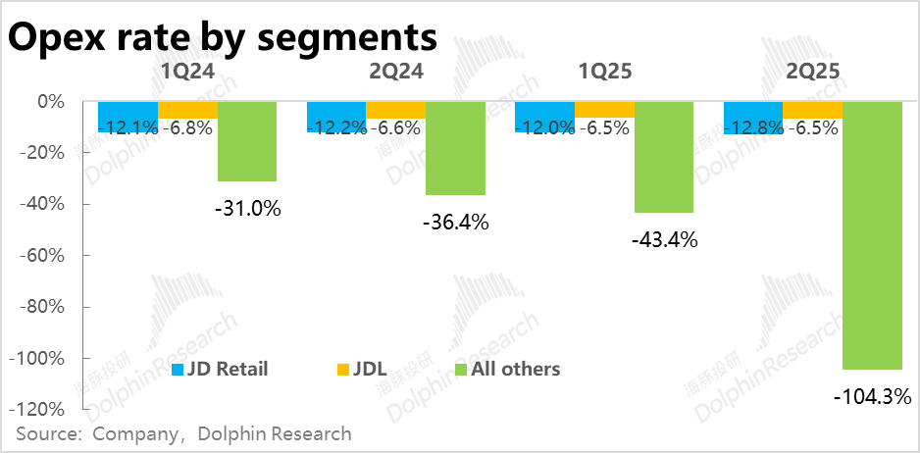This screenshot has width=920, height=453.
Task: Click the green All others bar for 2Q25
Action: (872, 235)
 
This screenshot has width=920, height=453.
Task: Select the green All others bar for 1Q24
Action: (246, 141)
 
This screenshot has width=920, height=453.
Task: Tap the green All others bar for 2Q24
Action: (455, 148)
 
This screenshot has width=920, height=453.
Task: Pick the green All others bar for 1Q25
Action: (663, 157)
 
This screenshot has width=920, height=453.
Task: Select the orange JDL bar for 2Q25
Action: (812, 109)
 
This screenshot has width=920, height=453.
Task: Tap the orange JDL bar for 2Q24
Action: (395, 109)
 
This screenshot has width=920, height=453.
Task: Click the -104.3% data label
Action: (872, 397)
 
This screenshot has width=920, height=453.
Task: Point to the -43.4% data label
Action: (663, 238)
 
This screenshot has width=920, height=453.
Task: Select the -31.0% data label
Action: (247, 208)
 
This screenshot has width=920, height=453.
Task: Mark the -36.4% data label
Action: (455, 222)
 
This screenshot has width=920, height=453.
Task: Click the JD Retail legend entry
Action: (220, 369)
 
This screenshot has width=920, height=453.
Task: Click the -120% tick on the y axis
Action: (41, 409)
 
